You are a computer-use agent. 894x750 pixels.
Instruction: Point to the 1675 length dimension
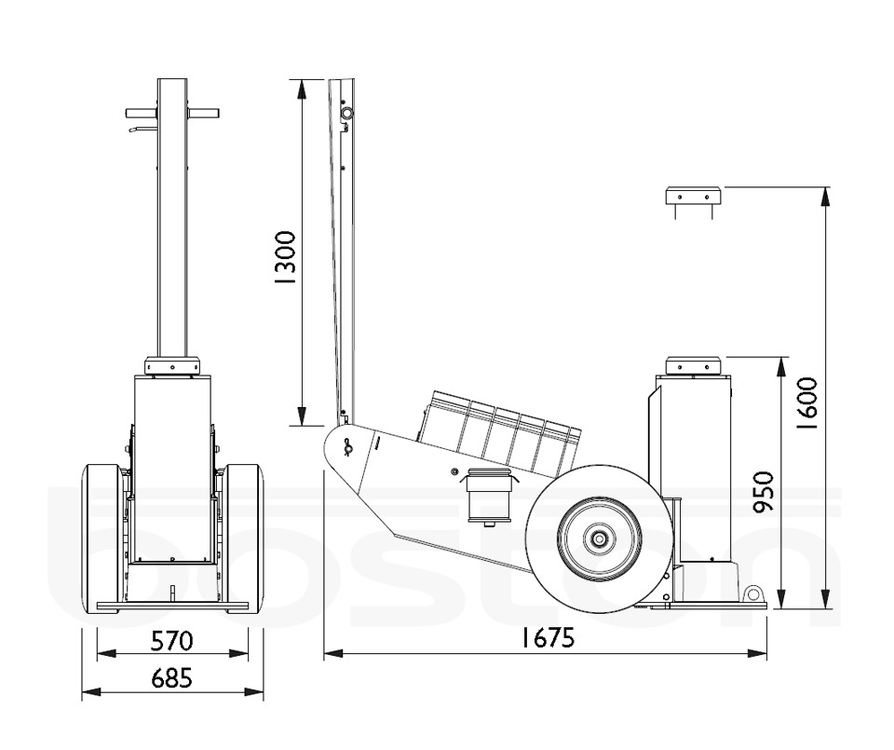[546, 637]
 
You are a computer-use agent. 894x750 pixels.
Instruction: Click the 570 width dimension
[172, 640]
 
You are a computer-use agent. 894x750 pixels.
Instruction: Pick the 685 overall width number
[172, 678]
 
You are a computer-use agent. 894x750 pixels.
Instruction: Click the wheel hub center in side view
[596, 539]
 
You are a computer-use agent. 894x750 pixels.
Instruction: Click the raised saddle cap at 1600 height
[694, 196]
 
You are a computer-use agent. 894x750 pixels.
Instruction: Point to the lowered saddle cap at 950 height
[694, 364]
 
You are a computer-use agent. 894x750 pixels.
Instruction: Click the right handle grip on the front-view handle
[204, 113]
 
